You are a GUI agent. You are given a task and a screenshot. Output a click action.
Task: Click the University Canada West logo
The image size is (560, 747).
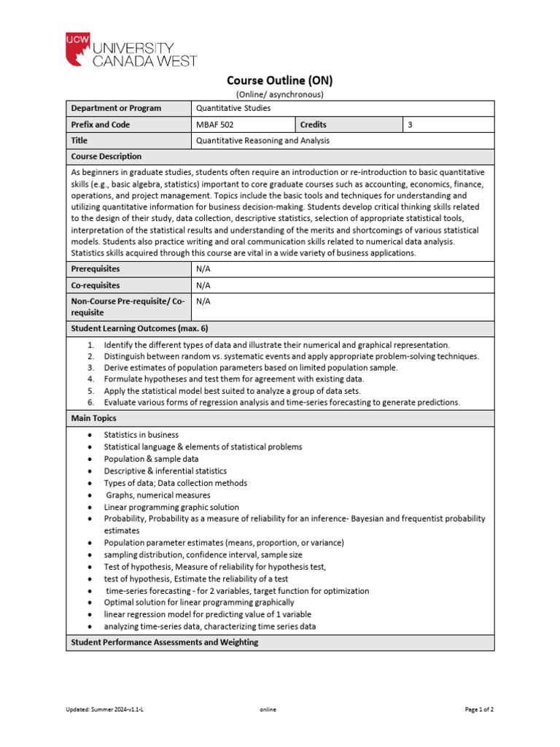pos(131,50)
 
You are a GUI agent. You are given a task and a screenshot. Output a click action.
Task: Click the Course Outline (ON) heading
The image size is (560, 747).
pos(279,80)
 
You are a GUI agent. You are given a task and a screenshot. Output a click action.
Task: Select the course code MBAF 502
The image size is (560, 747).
pos(214,125)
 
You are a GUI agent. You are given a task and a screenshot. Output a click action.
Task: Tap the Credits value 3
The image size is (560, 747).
pos(411,125)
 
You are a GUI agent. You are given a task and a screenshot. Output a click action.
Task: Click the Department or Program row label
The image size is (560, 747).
pos(116,109)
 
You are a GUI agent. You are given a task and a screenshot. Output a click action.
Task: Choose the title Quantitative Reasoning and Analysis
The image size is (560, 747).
pos(262,141)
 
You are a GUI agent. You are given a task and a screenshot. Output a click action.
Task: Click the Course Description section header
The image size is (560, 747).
pos(106,157)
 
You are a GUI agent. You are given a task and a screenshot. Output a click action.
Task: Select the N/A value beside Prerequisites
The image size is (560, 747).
pos(203,269)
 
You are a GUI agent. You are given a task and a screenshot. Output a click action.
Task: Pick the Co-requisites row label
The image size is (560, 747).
pos(96,285)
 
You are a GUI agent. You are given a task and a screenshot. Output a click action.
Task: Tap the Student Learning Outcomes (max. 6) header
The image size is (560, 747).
pos(139,328)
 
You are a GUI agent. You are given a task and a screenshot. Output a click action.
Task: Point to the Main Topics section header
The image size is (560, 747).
pos(93,419)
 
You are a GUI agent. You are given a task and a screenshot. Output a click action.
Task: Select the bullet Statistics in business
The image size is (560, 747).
pos(141,435)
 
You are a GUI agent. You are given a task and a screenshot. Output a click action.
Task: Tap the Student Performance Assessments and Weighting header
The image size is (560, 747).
pos(164,643)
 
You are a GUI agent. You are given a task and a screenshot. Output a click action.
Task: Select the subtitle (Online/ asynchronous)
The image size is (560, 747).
pos(279,94)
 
